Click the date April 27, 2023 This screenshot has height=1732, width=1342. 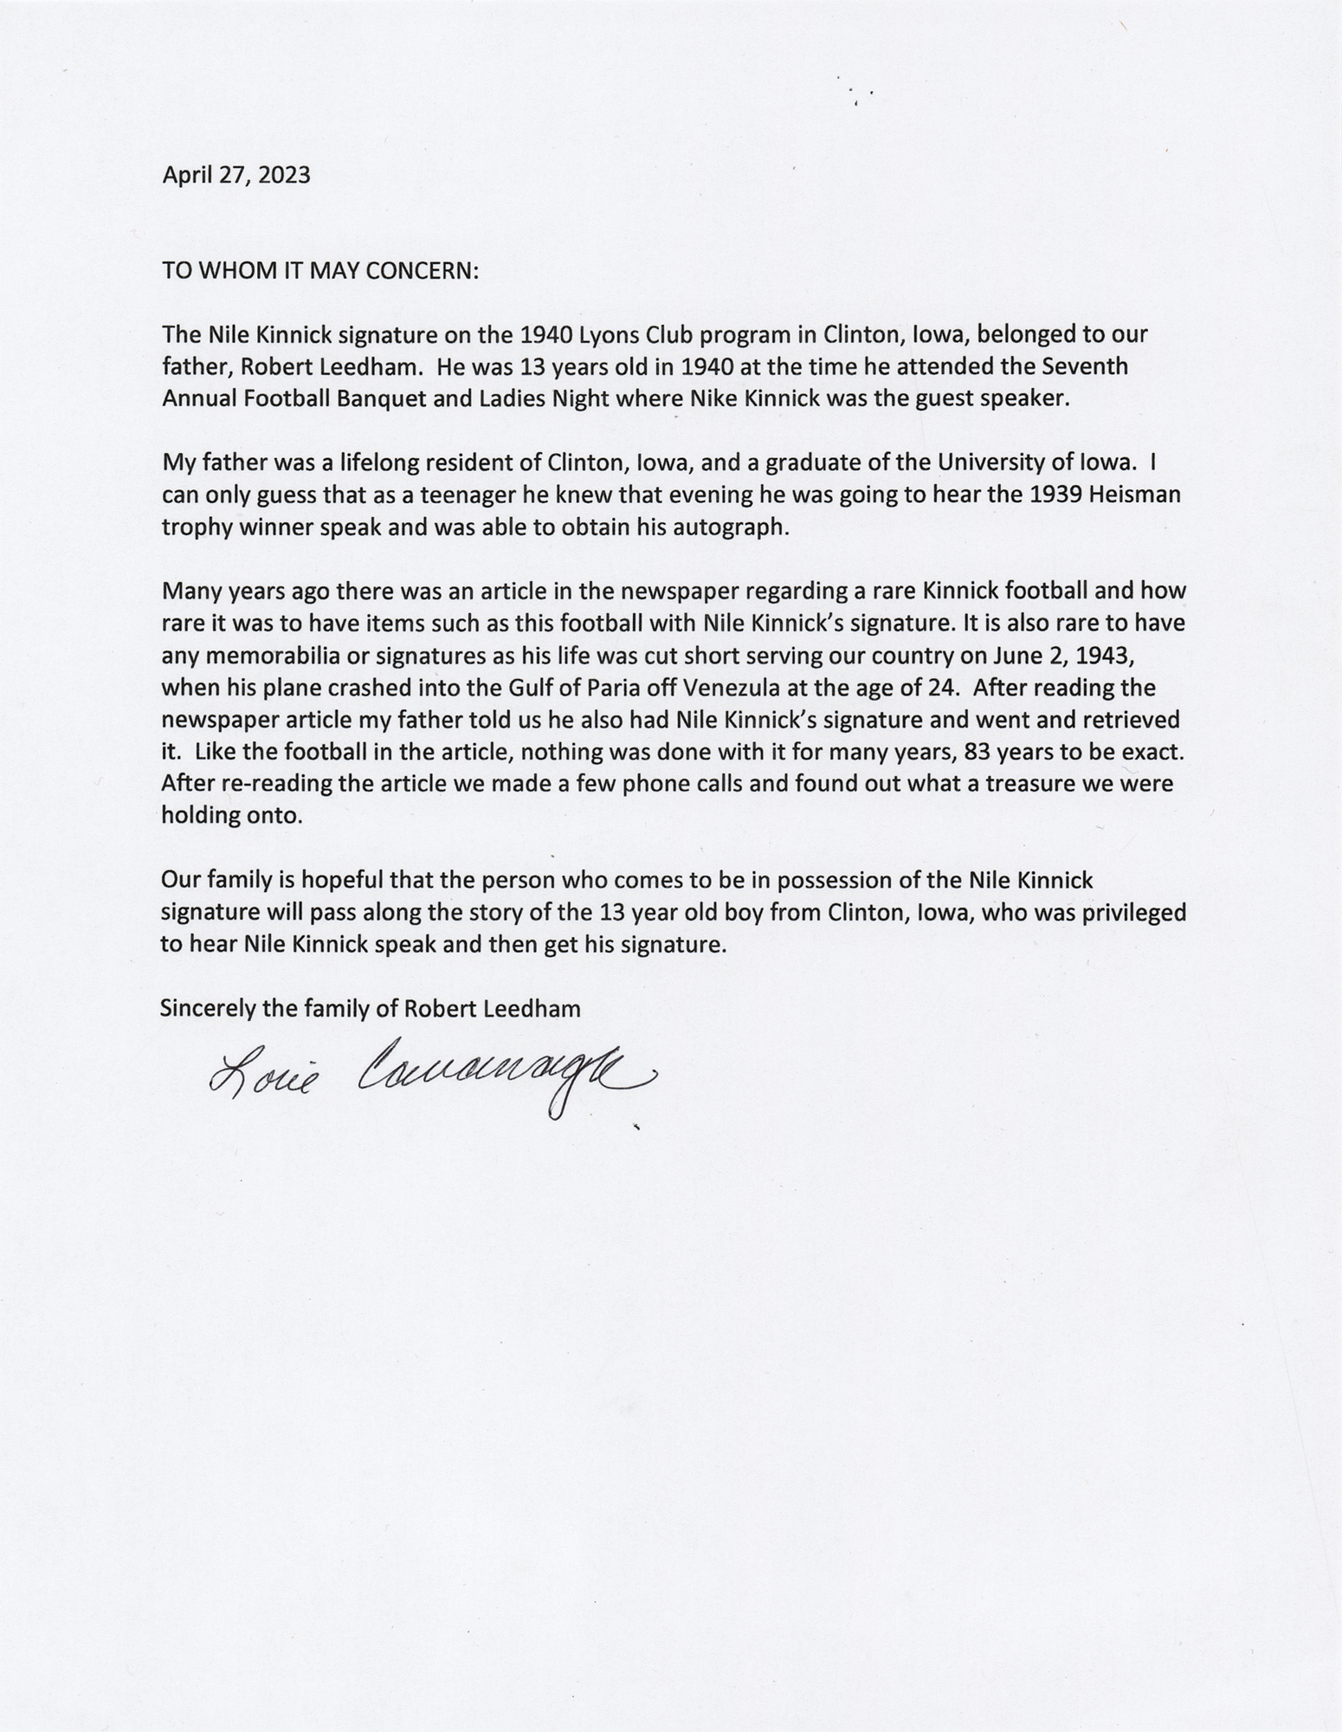coord(235,176)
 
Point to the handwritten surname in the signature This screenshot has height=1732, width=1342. coord(502,1074)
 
